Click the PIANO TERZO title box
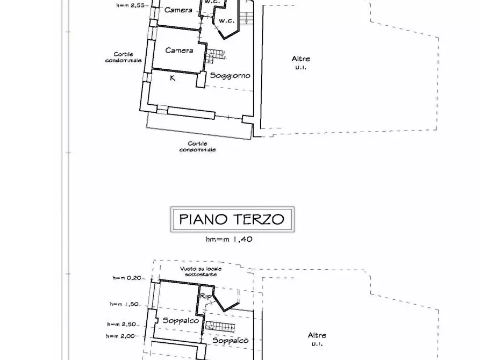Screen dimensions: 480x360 [x=232, y=219]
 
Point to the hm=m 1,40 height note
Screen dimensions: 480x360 [x=229, y=239]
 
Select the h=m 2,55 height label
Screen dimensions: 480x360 [x=131, y=5]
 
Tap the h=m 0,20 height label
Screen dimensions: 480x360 [x=127, y=278]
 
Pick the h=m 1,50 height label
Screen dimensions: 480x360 [x=124, y=304]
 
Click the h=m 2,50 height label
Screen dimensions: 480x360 [x=121, y=324]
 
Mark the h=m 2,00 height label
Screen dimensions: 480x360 [x=120, y=336]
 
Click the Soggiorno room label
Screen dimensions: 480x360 [x=230, y=76]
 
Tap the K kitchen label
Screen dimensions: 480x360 [x=173, y=78]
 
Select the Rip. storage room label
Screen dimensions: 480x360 [x=206, y=296]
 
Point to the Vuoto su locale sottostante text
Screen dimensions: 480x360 [x=201, y=271]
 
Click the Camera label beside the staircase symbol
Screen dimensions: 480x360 [x=179, y=50]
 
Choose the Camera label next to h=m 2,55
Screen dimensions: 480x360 [x=178, y=10]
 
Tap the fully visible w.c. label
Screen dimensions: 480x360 [x=226, y=21]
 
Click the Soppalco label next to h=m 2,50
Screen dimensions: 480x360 [x=181, y=321]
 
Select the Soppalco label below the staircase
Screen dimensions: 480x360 [x=230, y=341]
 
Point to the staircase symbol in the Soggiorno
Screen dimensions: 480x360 [x=216, y=56]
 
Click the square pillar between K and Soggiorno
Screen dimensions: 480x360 [x=201, y=80]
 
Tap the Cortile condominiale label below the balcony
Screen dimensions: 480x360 [x=197, y=147]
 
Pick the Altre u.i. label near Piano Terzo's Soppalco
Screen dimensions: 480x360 [x=317, y=339]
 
